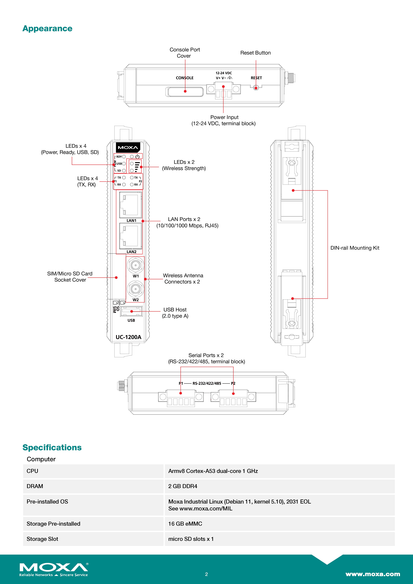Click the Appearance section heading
pyautogui.click(x=47, y=29)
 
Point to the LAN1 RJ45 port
pyautogui.click(x=130, y=205)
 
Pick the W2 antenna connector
pyautogui.click(x=136, y=289)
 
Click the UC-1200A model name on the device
pyautogui.click(x=128, y=337)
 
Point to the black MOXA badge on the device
pyautogui.click(x=128, y=147)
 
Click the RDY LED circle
pyautogui.click(x=124, y=157)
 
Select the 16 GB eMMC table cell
pyautogui.click(x=185, y=524)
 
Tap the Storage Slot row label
pyautogui.click(x=43, y=539)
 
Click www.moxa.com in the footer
pyautogui.click(x=373, y=574)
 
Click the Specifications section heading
pyautogui.click(x=52, y=447)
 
